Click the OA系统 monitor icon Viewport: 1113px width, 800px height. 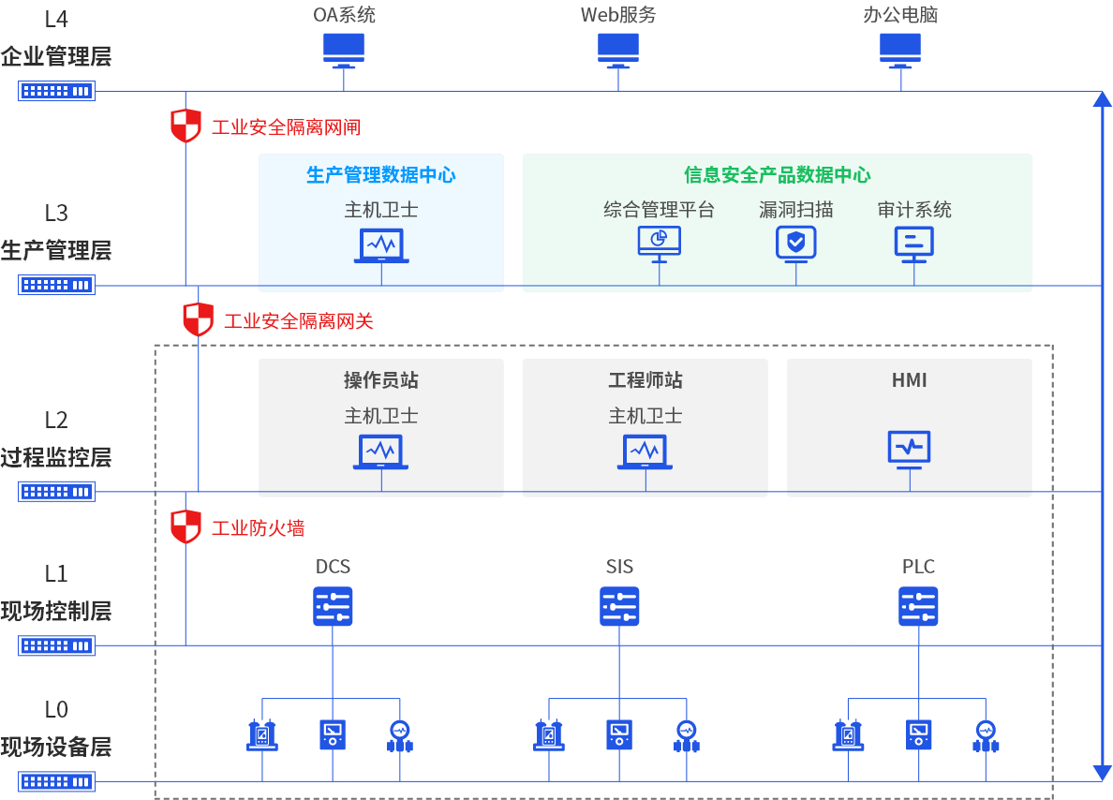(x=343, y=50)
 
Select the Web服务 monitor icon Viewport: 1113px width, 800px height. (x=618, y=50)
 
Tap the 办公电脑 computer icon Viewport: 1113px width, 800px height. (x=900, y=50)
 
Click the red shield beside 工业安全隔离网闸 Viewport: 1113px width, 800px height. (x=185, y=126)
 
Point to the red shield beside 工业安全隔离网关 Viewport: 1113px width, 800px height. (x=198, y=319)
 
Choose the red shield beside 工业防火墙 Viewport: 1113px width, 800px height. (x=185, y=526)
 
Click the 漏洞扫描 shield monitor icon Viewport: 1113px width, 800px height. (x=796, y=243)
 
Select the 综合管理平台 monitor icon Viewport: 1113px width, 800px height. (x=659, y=242)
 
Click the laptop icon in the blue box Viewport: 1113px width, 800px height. (x=380, y=245)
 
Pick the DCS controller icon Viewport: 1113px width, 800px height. (x=333, y=606)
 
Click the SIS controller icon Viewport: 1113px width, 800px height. (x=619, y=606)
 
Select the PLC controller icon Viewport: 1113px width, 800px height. (x=918, y=606)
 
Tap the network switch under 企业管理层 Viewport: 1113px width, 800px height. (x=56, y=91)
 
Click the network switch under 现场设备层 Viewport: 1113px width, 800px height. (x=56, y=781)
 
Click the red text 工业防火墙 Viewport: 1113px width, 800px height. (x=258, y=528)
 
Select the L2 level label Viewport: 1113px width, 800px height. (x=56, y=420)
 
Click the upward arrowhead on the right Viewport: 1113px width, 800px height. (x=1102, y=100)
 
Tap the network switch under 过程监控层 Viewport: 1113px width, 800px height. (x=56, y=491)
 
